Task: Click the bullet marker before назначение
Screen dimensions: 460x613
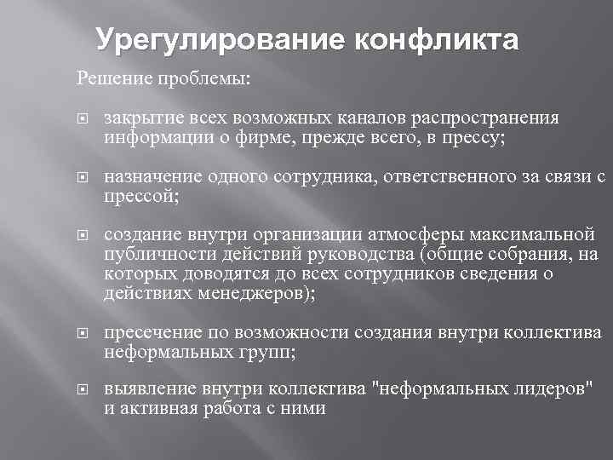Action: [x=82, y=177]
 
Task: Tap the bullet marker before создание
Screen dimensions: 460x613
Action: [x=82, y=234]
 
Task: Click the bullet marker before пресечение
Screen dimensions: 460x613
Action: [x=82, y=333]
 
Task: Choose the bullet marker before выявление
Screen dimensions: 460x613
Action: [x=82, y=391]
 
